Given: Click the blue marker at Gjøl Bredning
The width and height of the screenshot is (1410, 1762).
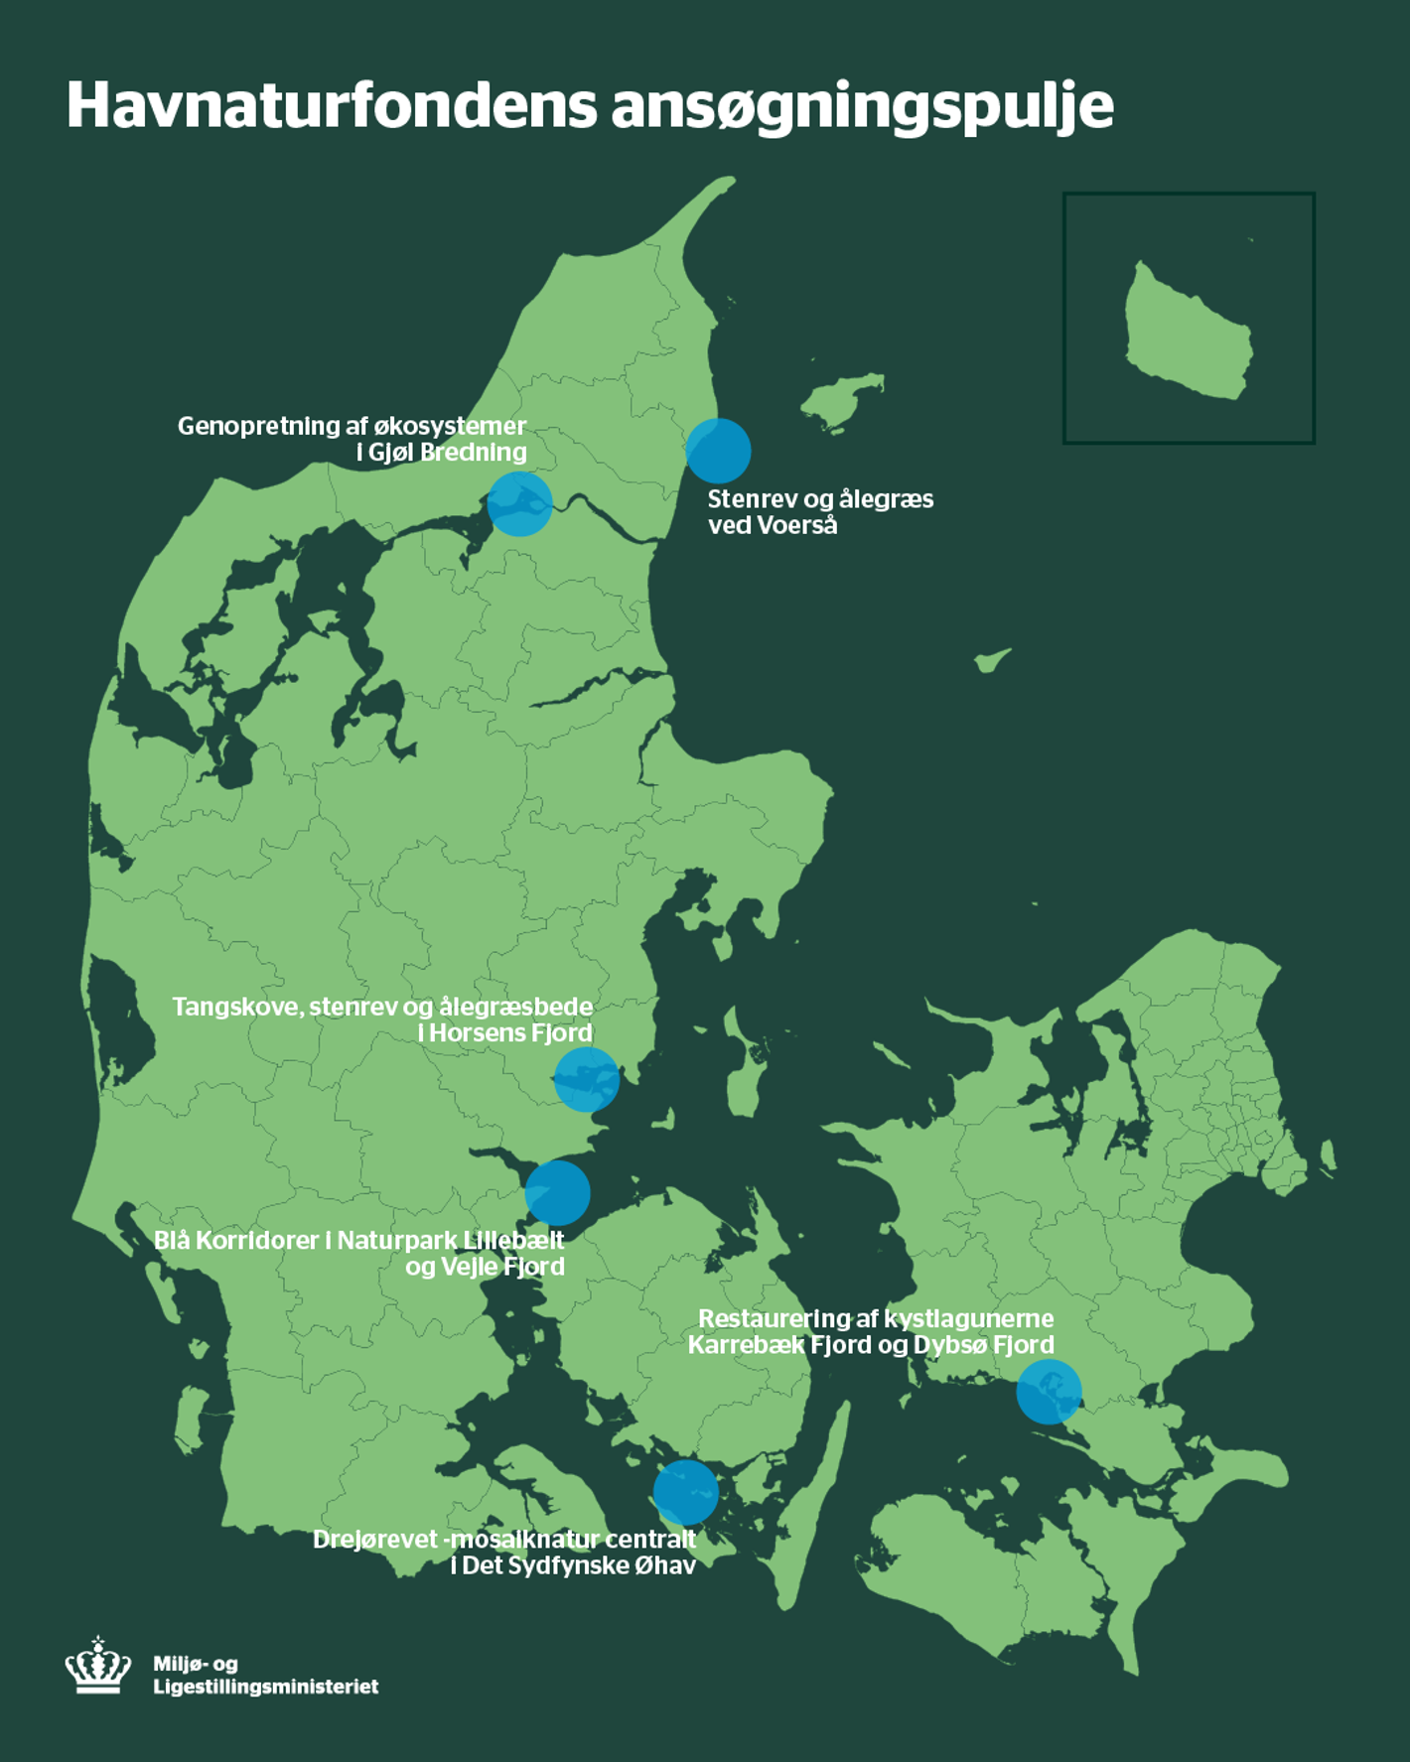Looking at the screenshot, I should click(519, 504).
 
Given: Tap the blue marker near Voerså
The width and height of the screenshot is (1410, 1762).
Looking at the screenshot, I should click(718, 451).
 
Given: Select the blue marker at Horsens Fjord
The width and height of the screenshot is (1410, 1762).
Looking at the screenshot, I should click(587, 1079).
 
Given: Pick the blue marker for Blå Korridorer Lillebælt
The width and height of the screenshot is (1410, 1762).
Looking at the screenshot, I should click(558, 1193).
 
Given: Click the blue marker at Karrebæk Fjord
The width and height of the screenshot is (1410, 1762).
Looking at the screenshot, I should click(1049, 1392).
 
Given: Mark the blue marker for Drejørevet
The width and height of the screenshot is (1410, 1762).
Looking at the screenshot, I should click(686, 1492).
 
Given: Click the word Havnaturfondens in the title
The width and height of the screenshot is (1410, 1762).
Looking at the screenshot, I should click(332, 105).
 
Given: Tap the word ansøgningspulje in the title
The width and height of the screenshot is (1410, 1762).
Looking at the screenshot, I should click(862, 107).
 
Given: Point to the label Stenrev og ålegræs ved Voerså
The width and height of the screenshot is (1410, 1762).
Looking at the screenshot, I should click(819, 511).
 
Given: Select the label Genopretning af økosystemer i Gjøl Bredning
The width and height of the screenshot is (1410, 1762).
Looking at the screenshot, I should click(352, 439).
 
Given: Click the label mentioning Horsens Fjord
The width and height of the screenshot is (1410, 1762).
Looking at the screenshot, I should click(383, 1019).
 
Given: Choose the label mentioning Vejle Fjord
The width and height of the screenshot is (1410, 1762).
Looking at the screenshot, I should click(359, 1253).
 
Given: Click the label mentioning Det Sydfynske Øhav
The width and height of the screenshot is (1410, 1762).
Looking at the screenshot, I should click(504, 1552).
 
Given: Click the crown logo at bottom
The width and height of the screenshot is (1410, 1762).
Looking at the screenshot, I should click(98, 1667).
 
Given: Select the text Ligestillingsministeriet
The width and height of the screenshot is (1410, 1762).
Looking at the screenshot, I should click(265, 1687).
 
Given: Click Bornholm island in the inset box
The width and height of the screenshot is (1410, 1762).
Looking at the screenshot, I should click(1188, 333).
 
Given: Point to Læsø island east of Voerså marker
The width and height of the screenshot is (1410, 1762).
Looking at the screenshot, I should click(842, 400).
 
